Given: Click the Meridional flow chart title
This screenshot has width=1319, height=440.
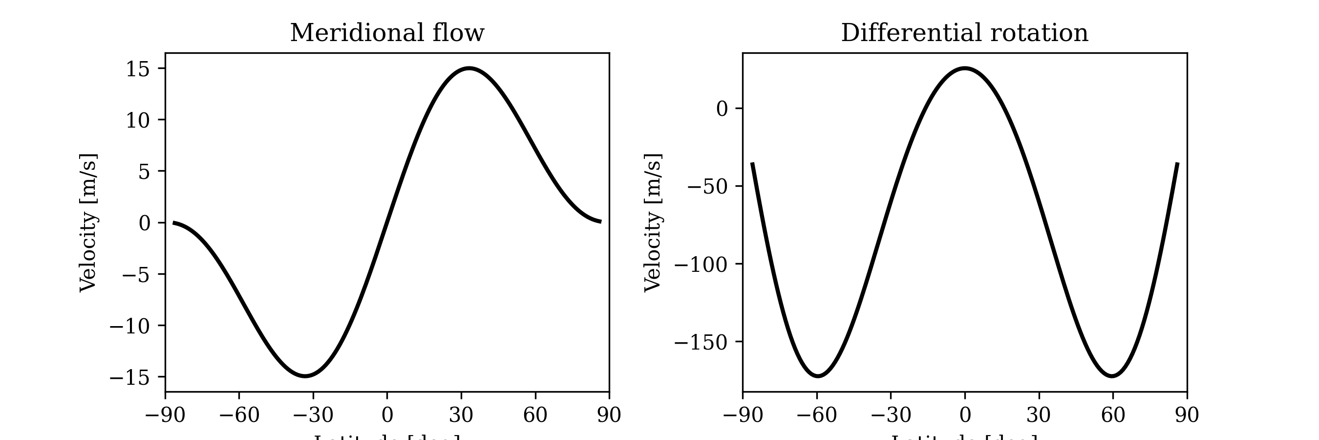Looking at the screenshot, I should coord(386,33).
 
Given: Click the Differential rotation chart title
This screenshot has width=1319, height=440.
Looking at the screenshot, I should coord(964,33).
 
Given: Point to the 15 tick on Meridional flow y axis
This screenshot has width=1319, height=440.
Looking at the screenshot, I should coord(138,69).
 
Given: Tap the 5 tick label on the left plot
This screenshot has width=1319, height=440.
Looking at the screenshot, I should coord(144,172).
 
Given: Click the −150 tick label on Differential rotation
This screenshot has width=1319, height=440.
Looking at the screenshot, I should coord(701,342).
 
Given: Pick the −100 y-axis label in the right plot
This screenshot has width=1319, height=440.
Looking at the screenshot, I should coord(701,264).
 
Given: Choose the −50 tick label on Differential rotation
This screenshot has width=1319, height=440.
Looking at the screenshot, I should coord(707,186).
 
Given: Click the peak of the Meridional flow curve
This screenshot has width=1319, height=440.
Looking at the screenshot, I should coord(469,68).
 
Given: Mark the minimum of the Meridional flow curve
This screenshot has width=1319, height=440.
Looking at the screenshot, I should coord(305,376).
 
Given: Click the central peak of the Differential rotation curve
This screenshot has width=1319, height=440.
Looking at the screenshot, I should coord(965,68).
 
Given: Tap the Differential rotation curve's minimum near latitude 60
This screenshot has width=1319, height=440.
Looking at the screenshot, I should coord(1113,376).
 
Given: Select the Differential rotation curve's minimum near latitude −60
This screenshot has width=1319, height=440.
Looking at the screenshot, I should coord(818,376).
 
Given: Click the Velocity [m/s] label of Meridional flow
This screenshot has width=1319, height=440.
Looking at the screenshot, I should coord(88,222).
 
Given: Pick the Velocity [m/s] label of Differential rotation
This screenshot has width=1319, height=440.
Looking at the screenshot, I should coord(653,222).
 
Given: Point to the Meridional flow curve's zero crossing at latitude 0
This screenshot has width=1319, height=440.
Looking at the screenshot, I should coord(387,222).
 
